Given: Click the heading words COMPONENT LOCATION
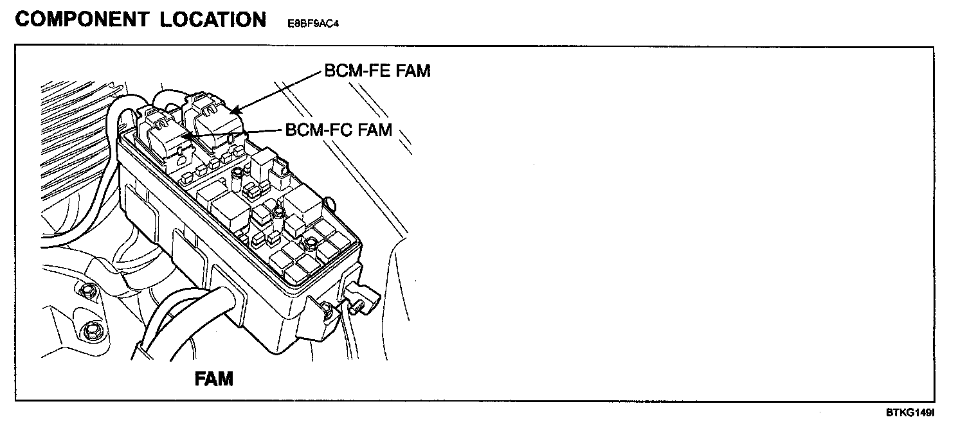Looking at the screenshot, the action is [140, 19].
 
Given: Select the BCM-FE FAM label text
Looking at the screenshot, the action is [377, 71].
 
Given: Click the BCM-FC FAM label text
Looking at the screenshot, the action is [338, 130].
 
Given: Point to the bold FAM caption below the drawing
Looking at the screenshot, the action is [213, 379].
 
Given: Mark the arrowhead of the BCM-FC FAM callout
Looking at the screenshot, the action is [185, 136].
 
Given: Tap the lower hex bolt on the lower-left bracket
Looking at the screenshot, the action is [89, 332].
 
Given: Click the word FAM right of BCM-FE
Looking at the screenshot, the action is [413, 71].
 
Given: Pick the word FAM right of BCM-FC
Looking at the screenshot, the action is [374, 130].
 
